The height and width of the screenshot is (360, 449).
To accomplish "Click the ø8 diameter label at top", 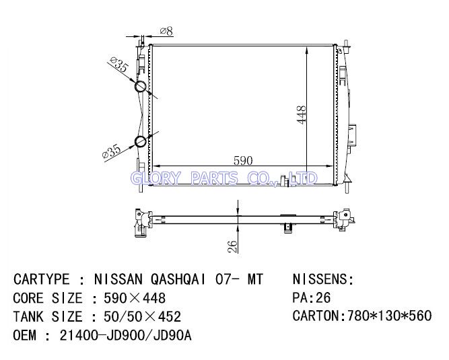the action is coord(166,31).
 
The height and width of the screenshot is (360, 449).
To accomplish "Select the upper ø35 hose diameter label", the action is coord(119,65).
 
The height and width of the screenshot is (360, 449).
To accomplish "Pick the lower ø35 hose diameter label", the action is coord(111,151).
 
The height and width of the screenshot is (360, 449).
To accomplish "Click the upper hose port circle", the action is coord(141,87).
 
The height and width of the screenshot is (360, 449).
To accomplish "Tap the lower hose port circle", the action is coord(141,141).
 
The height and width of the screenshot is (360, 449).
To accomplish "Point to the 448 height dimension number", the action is coord(302,115).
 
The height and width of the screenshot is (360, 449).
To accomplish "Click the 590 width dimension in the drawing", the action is coord(243,161).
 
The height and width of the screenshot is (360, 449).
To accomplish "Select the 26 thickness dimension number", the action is coord(232,247).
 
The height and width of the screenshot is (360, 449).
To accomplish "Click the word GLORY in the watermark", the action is coord(156,178).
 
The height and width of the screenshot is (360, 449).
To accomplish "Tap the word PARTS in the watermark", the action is coord(214,178).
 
